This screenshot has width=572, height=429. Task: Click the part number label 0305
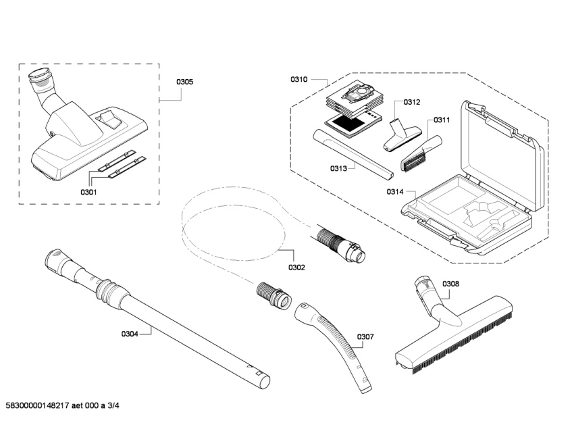(x=185, y=82)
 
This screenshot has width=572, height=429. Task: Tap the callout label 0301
(x=89, y=192)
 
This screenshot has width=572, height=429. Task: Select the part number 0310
(x=299, y=80)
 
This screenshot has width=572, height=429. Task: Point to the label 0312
(x=412, y=102)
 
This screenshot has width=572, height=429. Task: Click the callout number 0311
(x=442, y=120)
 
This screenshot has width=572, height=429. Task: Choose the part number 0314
(x=395, y=192)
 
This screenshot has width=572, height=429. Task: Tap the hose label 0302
(x=296, y=267)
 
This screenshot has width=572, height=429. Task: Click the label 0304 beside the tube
(x=130, y=333)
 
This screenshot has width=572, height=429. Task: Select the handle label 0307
(x=365, y=336)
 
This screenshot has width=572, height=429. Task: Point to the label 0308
(x=450, y=284)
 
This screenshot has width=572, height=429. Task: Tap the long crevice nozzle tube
(x=352, y=155)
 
